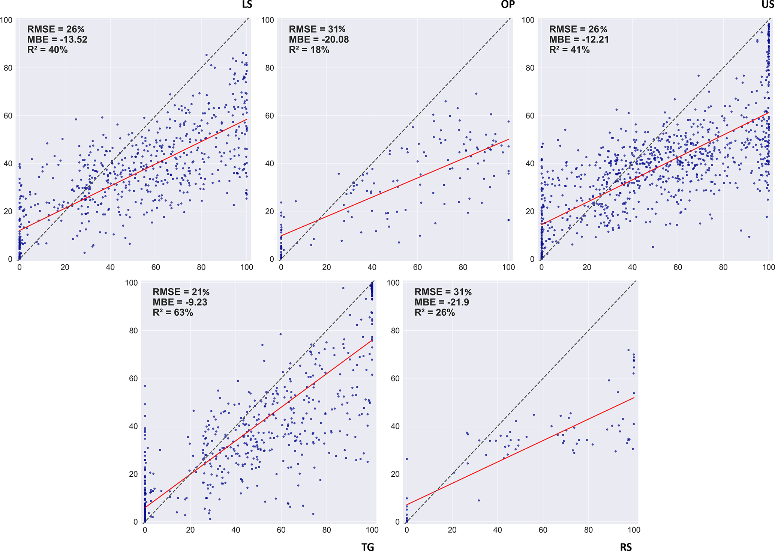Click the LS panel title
[247, 5]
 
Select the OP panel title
[508, 5]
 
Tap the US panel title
[768, 5]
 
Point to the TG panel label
[368, 547]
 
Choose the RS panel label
[626, 547]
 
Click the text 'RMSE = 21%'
[181, 292]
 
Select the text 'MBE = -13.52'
[57, 39]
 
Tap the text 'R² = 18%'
[309, 50]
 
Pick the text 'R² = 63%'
[172, 312]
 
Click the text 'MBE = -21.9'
[441, 302]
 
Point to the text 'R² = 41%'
[569, 50]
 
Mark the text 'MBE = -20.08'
[318, 39]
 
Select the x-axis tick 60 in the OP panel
[417, 267]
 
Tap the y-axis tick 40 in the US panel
[529, 164]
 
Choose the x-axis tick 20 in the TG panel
[190, 530]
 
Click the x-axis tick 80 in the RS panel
[588, 530]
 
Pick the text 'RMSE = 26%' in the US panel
[578, 29]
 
